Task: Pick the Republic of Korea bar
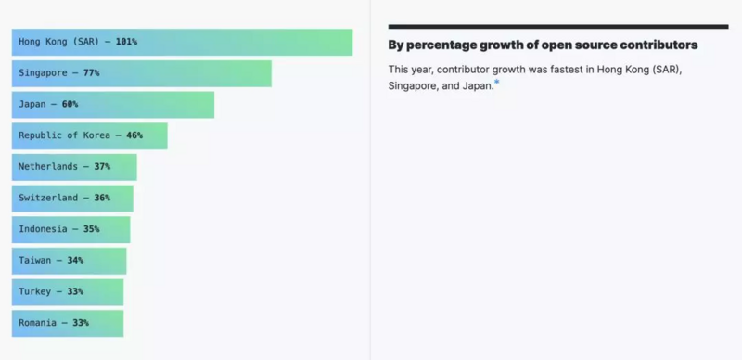89,135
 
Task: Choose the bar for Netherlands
74,167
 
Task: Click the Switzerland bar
72,199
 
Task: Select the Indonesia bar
70,229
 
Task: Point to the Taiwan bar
69,261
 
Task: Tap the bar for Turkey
67,292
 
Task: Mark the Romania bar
67,323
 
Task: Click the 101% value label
126,42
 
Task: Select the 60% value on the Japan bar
70,105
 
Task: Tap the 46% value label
134,135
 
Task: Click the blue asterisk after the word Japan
496,84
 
